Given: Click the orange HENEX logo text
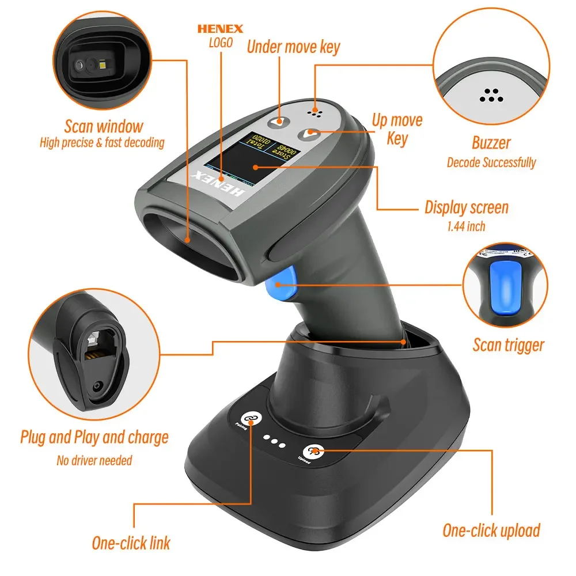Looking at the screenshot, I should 220,28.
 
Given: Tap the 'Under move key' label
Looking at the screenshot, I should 293,47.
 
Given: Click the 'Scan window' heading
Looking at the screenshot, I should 104,126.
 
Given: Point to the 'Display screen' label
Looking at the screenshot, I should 467,207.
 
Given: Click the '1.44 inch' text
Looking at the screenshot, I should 466,226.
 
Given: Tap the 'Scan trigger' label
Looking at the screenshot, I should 508,345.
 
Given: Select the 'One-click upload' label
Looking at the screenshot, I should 491,530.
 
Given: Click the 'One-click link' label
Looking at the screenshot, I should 131,543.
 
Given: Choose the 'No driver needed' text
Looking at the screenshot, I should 94,460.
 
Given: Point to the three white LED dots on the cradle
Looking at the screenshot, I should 275,443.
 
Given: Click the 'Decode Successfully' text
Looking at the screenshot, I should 491,162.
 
